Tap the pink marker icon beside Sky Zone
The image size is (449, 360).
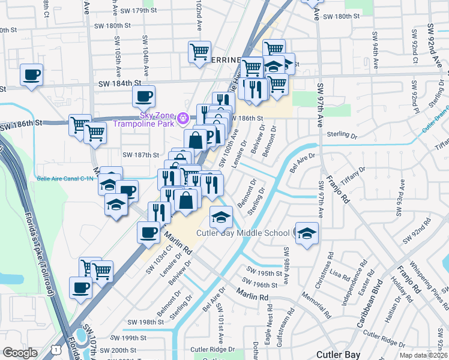(x=185, y=120)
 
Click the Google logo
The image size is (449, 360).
(x=20, y=353)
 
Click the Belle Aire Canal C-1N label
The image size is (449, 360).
(x=65, y=178)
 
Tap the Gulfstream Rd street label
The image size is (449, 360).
(x=291, y=323)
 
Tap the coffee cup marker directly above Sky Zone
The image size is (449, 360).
(x=143, y=96)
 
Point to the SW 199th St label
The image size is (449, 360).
(x=139, y=338)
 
